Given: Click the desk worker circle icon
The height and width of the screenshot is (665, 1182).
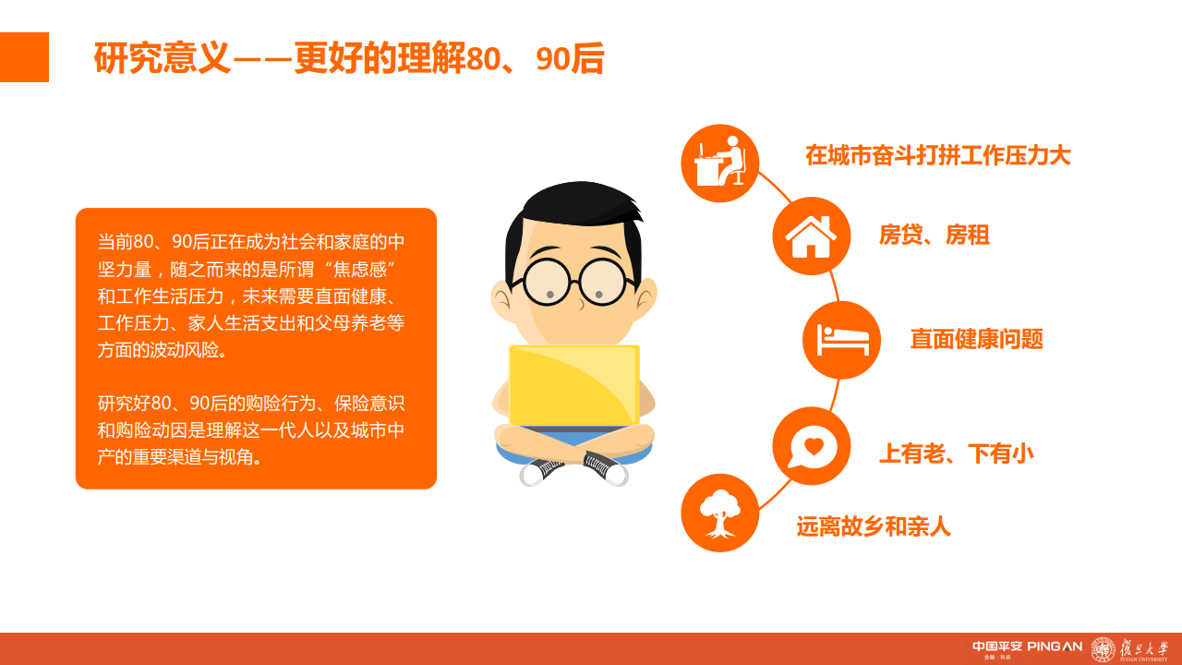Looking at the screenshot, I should tap(719, 163).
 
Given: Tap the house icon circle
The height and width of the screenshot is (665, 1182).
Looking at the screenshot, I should tap(811, 236).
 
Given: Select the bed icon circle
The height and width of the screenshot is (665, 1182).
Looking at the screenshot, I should tap(841, 339).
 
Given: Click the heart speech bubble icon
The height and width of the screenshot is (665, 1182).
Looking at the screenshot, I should tap(811, 446).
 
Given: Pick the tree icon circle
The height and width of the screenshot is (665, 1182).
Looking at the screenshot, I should tap(719, 513).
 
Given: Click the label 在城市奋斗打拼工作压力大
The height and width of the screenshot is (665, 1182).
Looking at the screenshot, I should tap(937, 155).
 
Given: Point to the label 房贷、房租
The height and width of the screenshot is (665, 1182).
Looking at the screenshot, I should tap(934, 236).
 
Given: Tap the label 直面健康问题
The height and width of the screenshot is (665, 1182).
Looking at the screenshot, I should tap(976, 339).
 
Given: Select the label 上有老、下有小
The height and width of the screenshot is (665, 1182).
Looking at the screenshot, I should tap(956, 453).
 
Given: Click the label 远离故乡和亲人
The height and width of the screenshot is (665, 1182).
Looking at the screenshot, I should tap(873, 526).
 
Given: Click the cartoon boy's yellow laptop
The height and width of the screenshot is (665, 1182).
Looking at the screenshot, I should tap(573, 385).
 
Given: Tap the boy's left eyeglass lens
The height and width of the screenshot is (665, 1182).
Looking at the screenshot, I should tap(548, 282).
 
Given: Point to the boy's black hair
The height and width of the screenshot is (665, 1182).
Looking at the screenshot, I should tap(573, 208).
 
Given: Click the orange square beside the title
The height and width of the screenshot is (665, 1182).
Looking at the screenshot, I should tap(24, 57).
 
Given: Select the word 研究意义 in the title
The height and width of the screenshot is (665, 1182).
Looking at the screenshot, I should tap(161, 59).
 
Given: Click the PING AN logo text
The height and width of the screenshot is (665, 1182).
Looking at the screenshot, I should tap(1054, 647).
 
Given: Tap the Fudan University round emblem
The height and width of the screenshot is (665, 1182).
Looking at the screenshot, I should tap(1103, 649).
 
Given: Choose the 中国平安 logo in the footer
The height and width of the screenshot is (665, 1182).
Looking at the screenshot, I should tap(996, 647).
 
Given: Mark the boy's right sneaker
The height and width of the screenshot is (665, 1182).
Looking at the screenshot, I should tap(607, 468).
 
